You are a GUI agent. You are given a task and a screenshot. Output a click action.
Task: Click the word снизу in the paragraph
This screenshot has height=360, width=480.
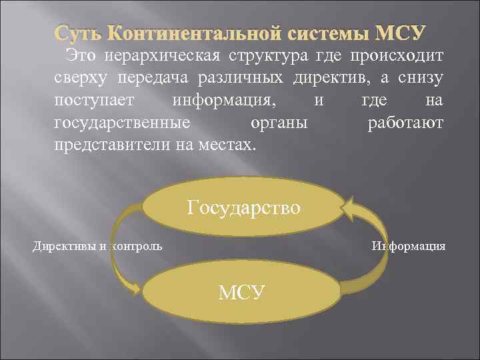point(418,78)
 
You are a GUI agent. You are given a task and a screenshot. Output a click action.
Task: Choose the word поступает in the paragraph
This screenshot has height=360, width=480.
point(93,101)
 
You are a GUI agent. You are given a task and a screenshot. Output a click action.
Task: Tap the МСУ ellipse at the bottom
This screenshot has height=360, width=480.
point(241,292)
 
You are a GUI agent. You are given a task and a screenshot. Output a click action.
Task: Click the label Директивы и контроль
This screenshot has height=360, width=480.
point(97,247)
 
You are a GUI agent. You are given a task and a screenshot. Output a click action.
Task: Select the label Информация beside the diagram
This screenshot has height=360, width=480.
point(409,247)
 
